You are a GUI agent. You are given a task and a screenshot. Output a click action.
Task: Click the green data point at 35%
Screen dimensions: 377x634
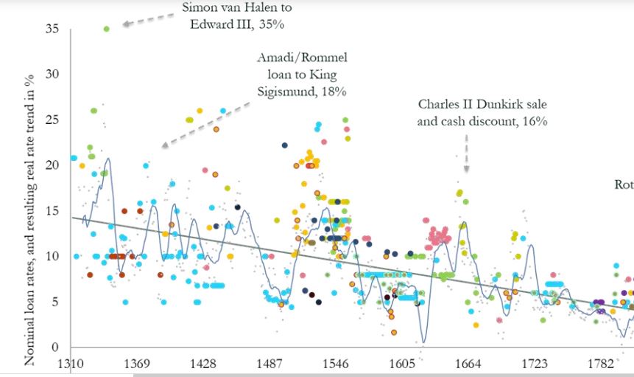click(x=107, y=29)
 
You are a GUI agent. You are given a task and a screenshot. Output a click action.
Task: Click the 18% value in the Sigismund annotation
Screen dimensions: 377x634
click(x=333, y=91)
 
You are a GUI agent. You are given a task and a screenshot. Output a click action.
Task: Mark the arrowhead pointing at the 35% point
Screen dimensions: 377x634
click(x=125, y=24)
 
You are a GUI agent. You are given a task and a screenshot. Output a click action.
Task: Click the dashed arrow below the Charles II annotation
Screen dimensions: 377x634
click(x=465, y=151)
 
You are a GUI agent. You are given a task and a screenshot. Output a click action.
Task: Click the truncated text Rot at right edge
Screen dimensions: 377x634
click(x=624, y=184)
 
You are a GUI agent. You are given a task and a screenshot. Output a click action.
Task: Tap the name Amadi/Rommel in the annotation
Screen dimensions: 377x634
click(x=301, y=58)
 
